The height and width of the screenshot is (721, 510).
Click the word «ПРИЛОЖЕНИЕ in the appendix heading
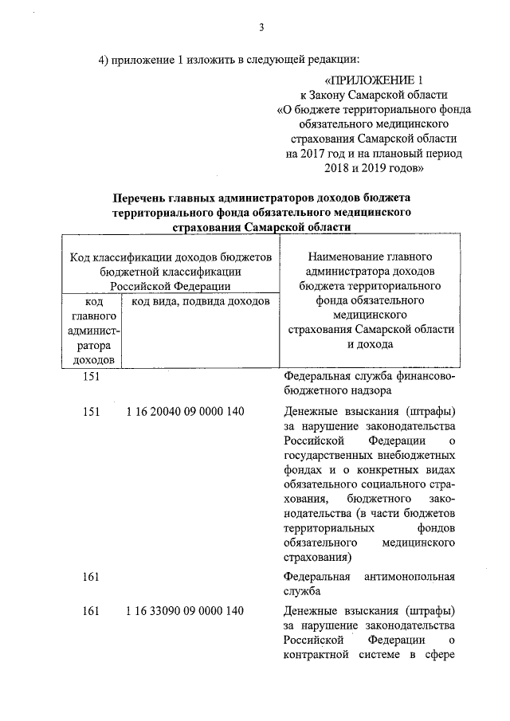point(365,80)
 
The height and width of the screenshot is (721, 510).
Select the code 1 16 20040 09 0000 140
point(185,411)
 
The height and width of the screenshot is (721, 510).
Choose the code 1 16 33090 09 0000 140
point(185,611)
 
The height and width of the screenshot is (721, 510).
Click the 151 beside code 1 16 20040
point(91,411)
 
